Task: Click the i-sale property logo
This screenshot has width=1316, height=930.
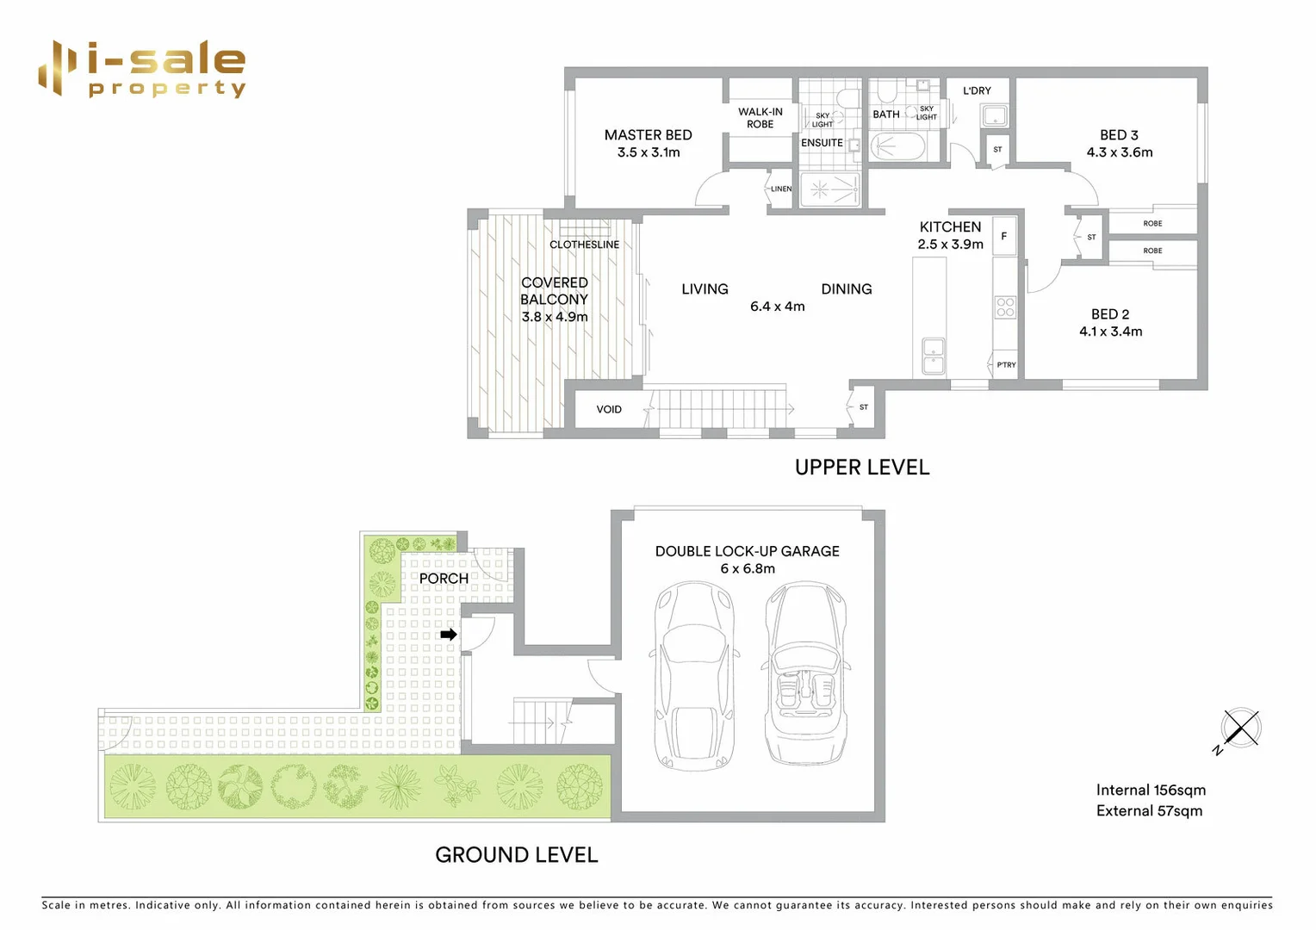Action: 142,68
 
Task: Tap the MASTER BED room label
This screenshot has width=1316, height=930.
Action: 648,135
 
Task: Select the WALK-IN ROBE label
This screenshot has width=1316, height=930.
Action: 760,118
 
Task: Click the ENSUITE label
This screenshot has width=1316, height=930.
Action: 822,143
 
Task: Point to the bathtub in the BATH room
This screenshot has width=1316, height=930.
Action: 897,147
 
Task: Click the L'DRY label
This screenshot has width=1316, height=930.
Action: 977,90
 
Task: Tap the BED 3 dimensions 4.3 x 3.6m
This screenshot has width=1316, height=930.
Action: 1119,152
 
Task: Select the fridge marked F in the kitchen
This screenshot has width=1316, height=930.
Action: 1004,236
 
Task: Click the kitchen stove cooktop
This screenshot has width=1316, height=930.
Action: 1005,307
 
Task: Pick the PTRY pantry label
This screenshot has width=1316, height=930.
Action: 1006,365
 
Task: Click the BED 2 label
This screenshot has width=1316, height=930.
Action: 1109,314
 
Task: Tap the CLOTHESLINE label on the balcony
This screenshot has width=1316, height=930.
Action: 584,245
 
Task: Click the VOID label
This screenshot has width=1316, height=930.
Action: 609,409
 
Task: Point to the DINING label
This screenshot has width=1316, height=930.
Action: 846,289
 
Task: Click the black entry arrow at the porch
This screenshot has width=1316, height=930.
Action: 449,635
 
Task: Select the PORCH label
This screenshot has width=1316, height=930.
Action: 444,579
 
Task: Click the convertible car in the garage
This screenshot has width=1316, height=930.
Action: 805,673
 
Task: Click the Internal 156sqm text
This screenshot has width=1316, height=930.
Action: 1150,790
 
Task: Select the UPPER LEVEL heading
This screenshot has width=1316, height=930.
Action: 861,468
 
